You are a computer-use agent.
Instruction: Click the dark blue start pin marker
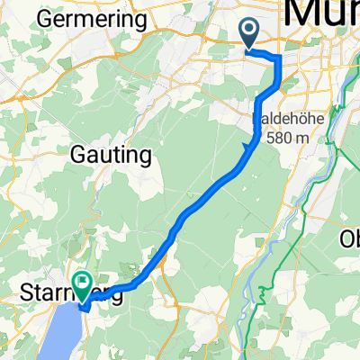point(249,33)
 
